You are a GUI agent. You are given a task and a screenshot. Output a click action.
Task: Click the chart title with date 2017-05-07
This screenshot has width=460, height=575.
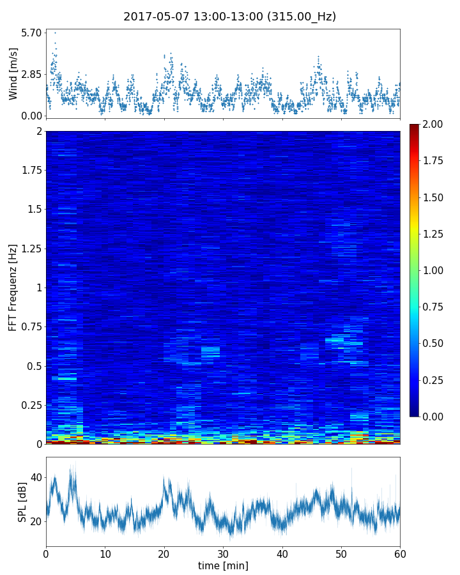pos(229,17)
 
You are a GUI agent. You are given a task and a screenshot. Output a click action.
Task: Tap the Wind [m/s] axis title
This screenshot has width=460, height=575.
pos(13,73)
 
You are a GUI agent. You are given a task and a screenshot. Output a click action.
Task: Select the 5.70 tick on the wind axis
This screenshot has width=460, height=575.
pos(31,33)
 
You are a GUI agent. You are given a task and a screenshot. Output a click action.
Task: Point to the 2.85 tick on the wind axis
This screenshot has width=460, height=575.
pos(31,74)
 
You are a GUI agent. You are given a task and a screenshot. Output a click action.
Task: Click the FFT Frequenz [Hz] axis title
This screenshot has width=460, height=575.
pos(13,287)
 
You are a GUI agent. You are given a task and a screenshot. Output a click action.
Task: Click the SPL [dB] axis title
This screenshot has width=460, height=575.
pos(22,502)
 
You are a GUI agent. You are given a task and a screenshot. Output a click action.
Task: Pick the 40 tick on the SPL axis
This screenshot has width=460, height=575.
pos(36,477)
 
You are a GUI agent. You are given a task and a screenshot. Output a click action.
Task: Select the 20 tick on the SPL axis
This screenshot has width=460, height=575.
pos(36,521)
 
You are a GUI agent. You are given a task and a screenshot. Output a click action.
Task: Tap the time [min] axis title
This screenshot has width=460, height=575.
pos(223,565)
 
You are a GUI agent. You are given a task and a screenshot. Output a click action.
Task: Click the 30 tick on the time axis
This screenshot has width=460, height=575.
pos(223,553)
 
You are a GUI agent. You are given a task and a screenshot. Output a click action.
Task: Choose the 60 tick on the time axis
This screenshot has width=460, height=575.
pos(400,553)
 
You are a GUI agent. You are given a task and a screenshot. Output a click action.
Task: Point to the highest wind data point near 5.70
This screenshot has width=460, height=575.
pos(55,33)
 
